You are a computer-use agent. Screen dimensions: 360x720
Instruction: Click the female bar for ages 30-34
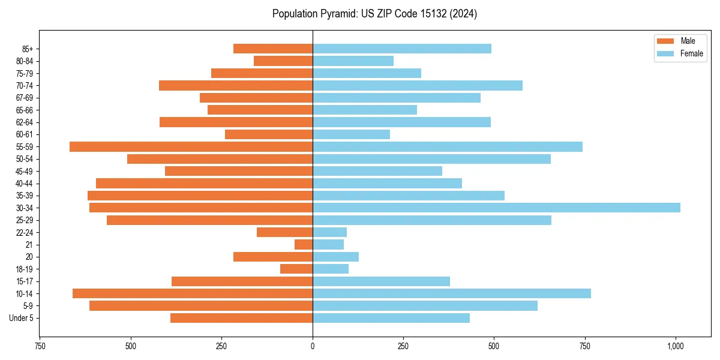click(x=496, y=208)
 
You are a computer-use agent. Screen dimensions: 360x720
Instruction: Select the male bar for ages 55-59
click(x=191, y=146)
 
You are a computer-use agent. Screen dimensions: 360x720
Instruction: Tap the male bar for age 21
click(x=304, y=244)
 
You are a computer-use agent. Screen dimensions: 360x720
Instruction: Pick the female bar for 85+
click(x=402, y=49)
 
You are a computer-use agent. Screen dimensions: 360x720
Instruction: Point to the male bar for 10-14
click(x=193, y=293)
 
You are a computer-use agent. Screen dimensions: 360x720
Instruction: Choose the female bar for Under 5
click(x=391, y=318)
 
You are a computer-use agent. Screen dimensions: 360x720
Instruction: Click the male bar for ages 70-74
click(x=236, y=85)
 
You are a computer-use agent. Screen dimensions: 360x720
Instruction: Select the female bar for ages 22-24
click(x=329, y=232)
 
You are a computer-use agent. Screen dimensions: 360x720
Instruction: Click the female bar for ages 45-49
click(x=377, y=171)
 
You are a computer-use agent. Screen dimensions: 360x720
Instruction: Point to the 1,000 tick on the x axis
click(x=676, y=346)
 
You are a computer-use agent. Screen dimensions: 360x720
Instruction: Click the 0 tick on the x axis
click(x=313, y=346)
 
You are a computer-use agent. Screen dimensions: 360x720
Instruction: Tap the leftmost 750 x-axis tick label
click(x=40, y=346)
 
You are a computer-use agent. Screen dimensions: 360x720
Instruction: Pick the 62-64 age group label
click(x=25, y=122)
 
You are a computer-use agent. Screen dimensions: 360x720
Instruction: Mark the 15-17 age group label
click(x=25, y=281)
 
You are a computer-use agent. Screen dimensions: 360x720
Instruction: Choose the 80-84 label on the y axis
click(x=25, y=61)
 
